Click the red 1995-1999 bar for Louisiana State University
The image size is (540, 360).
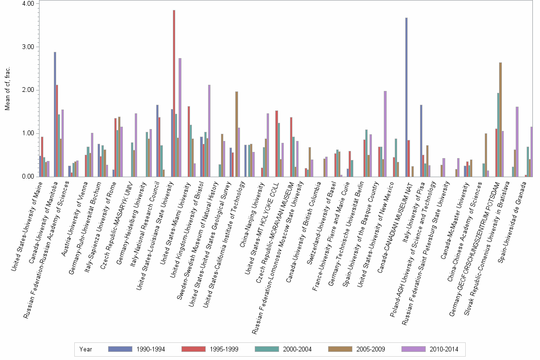pyautogui.click(x=174, y=93)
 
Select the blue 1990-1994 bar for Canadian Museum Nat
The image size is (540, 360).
pyautogui.click(x=406, y=97)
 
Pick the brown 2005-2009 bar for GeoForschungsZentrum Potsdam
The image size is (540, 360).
pyautogui.click(x=500, y=120)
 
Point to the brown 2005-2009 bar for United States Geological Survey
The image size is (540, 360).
pyautogui.click(x=236, y=134)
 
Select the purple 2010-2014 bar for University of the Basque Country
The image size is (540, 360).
pyautogui.click(x=385, y=134)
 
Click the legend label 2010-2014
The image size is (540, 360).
pyautogui.click(x=444, y=350)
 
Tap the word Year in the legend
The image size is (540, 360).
pyautogui.click(x=86, y=350)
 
